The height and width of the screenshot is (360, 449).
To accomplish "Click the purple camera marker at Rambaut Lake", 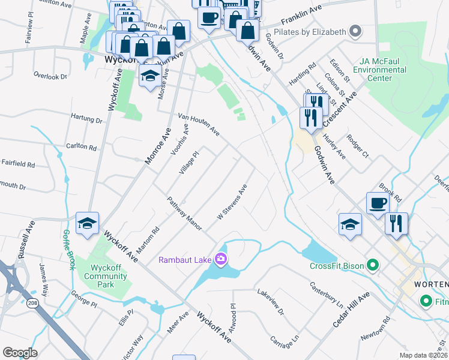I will [x=221, y=259].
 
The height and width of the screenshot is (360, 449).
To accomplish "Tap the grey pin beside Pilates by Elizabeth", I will [x=355, y=31].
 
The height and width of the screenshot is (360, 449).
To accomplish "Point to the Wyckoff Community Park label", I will [x=109, y=272].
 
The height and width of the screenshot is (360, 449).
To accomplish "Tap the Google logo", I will [x=20, y=353].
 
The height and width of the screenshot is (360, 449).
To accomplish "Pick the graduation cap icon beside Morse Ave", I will [x=150, y=76].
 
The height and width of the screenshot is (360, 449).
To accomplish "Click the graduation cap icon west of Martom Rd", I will [x=88, y=223].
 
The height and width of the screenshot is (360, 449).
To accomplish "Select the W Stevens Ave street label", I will [x=232, y=202].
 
